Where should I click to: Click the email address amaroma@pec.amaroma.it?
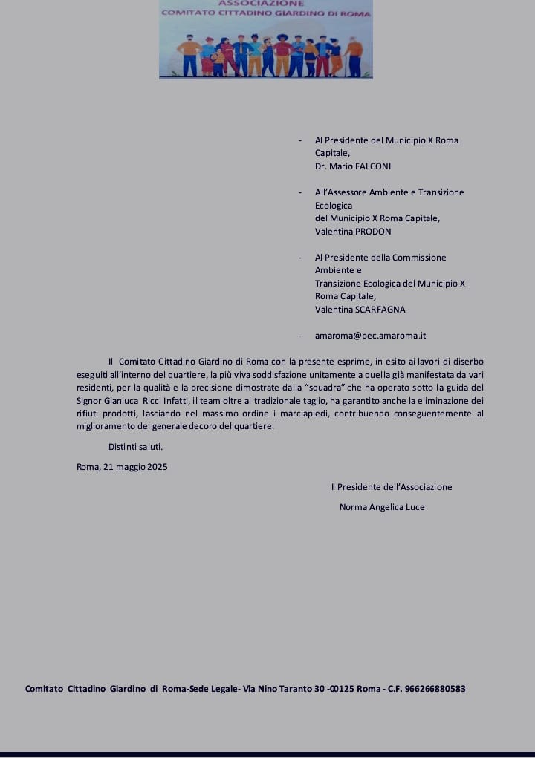(370, 336)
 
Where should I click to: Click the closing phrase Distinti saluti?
(135, 447)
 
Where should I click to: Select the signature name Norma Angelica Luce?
(382, 507)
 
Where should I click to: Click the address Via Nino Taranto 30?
(284, 689)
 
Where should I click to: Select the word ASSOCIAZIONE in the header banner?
(266, 4)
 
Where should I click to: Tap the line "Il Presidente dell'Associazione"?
(392, 487)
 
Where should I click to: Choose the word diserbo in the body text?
(468, 362)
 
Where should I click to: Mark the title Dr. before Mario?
(322, 166)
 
